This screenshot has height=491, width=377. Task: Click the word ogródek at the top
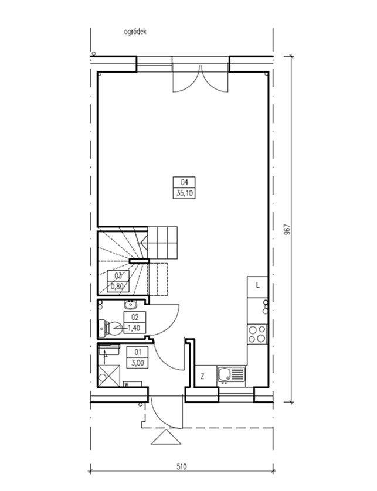pyautogui.click(x=135, y=32)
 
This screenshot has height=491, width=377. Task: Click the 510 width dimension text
pyautogui.click(x=181, y=467)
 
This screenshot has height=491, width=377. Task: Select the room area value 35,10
pyautogui.click(x=185, y=193)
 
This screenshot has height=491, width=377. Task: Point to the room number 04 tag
pyautogui.click(x=185, y=182)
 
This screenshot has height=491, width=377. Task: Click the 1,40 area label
pyautogui.click(x=135, y=328)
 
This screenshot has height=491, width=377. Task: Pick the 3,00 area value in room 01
pyautogui.click(x=137, y=363)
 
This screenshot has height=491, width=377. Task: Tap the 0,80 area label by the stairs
pyautogui.click(x=118, y=286)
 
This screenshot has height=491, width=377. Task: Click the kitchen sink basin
pyautogui.click(x=225, y=374)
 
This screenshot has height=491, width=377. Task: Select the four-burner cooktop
pyautogui.click(x=257, y=334)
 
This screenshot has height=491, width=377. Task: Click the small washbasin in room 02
pyautogui.click(x=130, y=304)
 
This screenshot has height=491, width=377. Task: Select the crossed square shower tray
pyautogui.click(x=109, y=375)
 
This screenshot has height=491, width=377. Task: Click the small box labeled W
pyautogui.click(x=133, y=384)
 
